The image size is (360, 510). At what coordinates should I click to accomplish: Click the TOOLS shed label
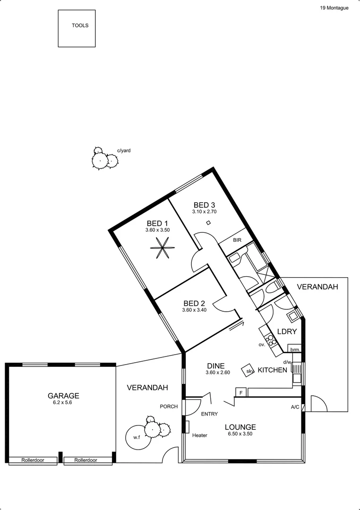coord(80,26)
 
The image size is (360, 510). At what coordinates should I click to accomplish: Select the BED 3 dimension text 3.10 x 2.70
coord(205,212)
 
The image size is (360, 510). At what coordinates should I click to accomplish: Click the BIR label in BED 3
coord(237,240)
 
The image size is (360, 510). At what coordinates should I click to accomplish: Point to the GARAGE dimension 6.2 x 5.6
coord(63,403)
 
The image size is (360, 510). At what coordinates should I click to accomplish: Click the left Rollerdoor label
coord(33,460)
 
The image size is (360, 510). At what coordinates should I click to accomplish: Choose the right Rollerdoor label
coord(86,460)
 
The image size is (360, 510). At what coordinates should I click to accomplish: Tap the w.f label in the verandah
coord(136,438)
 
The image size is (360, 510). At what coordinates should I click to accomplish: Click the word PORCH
coord(169,406)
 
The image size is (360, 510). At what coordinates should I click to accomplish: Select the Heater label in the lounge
coord(200,435)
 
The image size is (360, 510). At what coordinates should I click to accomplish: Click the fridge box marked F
coord(241,393)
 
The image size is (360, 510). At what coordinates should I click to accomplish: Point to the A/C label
coord(295,407)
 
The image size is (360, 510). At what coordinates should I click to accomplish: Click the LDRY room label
coord(287,332)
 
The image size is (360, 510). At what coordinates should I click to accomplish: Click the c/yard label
coord(124,151)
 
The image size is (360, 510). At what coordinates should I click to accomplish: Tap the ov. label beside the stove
coord(261,345)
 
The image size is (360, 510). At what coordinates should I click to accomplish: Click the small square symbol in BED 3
coord(208,222)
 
